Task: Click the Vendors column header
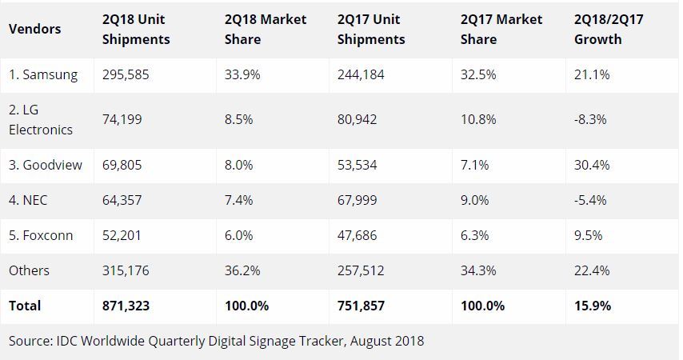click(x=34, y=30)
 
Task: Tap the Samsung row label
click(x=43, y=74)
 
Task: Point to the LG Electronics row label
click(x=41, y=120)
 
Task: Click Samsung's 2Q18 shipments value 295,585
click(x=127, y=74)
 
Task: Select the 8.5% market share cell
click(x=240, y=119)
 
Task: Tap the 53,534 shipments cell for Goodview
click(x=357, y=165)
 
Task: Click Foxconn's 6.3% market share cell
click(x=474, y=235)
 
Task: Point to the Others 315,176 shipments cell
click(x=127, y=270)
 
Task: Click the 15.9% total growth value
click(x=593, y=306)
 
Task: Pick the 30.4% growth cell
click(x=593, y=165)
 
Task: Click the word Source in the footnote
click(x=27, y=341)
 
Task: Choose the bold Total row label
click(x=25, y=306)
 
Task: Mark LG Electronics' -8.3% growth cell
click(x=590, y=119)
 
